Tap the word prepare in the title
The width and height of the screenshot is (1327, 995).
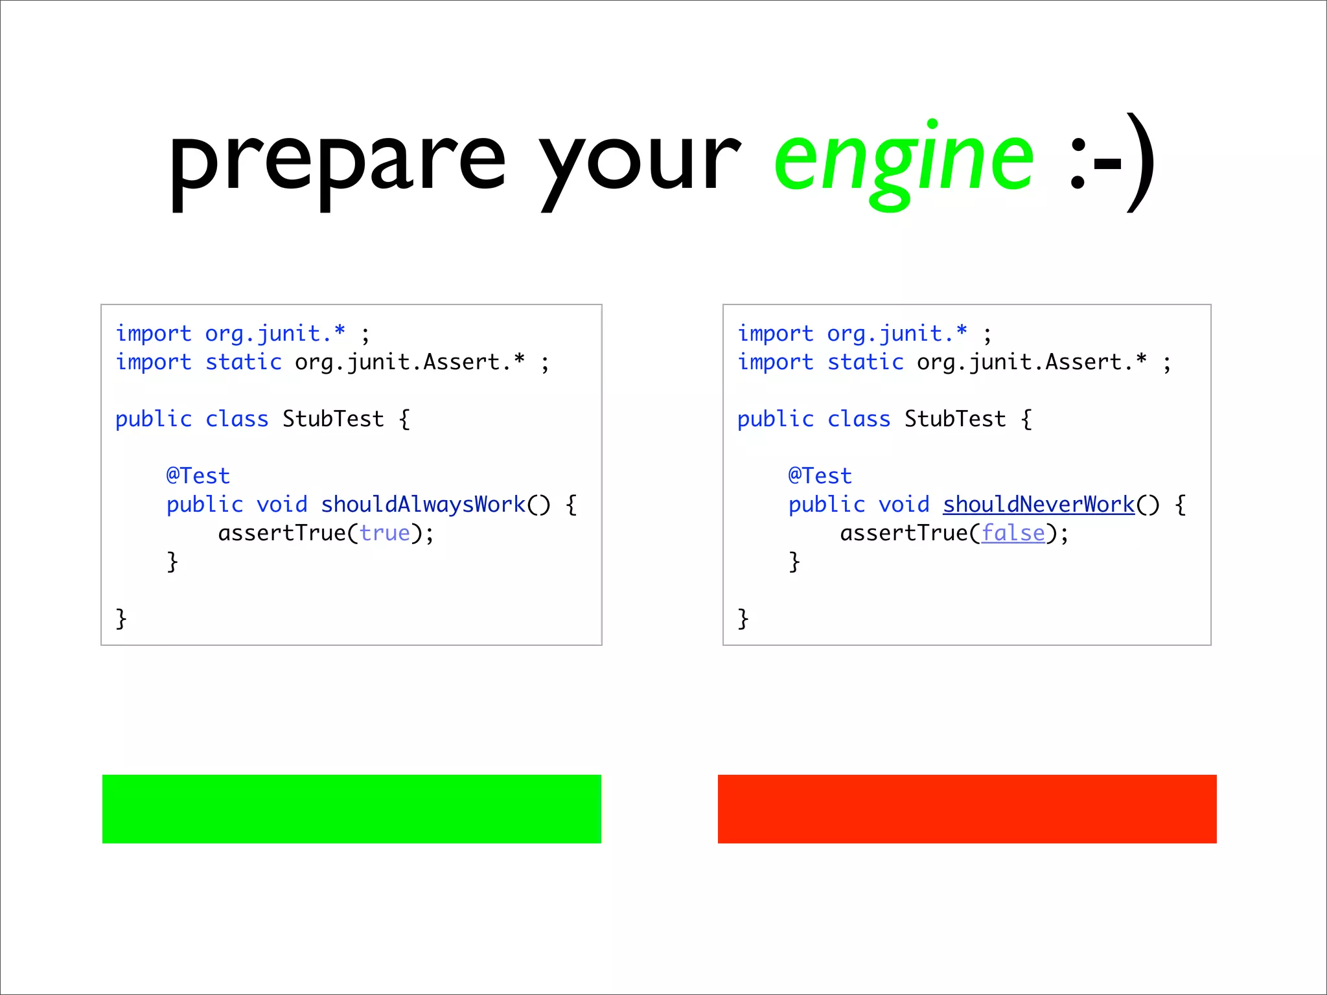coord(337,162)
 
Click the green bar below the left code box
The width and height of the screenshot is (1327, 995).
coord(351,808)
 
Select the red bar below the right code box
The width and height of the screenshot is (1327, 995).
coord(967,808)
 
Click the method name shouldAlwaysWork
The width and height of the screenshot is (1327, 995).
coord(423,504)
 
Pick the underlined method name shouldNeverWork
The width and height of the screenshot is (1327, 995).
coord(1039,504)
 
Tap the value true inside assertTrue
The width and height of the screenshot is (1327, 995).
coord(385,533)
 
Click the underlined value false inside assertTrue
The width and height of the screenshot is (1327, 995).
coord(1013,533)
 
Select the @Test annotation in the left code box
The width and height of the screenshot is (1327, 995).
coord(198,476)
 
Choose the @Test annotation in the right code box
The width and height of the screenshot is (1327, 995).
coord(820,476)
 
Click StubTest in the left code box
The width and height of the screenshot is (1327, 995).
coord(333,419)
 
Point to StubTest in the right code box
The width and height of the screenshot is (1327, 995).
coord(955,419)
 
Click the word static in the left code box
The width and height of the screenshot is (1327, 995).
coord(244,362)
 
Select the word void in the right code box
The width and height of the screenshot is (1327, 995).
coord(904,504)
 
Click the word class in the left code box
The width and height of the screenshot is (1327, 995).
coord(237,419)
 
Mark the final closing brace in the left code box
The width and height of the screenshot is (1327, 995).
coord(121,619)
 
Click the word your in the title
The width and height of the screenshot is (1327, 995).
coord(640,162)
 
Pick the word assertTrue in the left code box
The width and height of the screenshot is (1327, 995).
coord(282,533)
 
